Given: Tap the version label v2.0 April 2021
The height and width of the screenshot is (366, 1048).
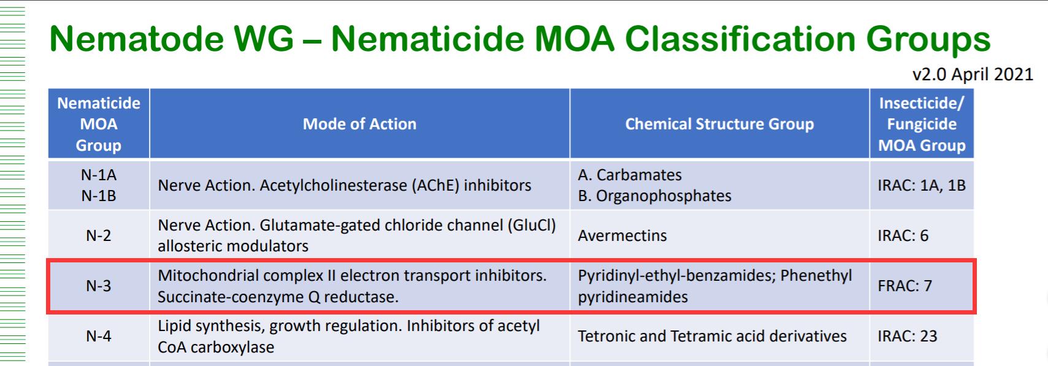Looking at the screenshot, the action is pyautogui.click(x=973, y=74).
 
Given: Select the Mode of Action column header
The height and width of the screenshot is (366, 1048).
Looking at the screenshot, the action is pyautogui.click(x=359, y=124).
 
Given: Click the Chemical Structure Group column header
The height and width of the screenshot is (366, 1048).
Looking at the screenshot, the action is pyautogui.click(x=719, y=124).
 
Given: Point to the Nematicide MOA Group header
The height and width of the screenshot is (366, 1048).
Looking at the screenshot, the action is pyautogui.click(x=99, y=124).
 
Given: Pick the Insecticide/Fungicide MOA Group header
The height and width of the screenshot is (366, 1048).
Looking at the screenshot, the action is pyautogui.click(x=922, y=124).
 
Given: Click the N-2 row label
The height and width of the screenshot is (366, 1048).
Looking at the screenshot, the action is pyautogui.click(x=99, y=235).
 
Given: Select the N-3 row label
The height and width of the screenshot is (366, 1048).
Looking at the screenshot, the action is pyautogui.click(x=99, y=286).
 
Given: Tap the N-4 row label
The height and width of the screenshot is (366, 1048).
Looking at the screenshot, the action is pyautogui.click(x=99, y=336).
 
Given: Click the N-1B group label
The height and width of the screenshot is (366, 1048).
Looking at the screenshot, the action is pyautogui.click(x=99, y=196).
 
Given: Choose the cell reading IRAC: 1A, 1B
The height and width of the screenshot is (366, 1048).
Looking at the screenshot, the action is pyautogui.click(x=922, y=185).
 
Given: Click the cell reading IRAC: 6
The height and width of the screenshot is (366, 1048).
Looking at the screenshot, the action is pyautogui.click(x=903, y=235).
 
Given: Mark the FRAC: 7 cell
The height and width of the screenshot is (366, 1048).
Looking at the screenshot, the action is pyautogui.click(x=905, y=286).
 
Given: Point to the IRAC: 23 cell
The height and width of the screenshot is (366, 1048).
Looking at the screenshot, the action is pyautogui.click(x=908, y=336).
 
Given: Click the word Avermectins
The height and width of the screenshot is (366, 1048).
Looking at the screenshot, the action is pyautogui.click(x=622, y=235).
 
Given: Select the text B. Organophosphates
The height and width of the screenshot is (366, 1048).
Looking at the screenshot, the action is pyautogui.click(x=654, y=196).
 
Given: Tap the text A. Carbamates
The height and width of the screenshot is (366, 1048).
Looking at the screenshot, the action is pyautogui.click(x=630, y=175).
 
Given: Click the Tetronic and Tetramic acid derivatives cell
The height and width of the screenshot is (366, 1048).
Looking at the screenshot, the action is pyautogui.click(x=712, y=336).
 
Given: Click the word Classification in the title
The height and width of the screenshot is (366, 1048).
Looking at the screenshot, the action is pyautogui.click(x=740, y=39).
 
